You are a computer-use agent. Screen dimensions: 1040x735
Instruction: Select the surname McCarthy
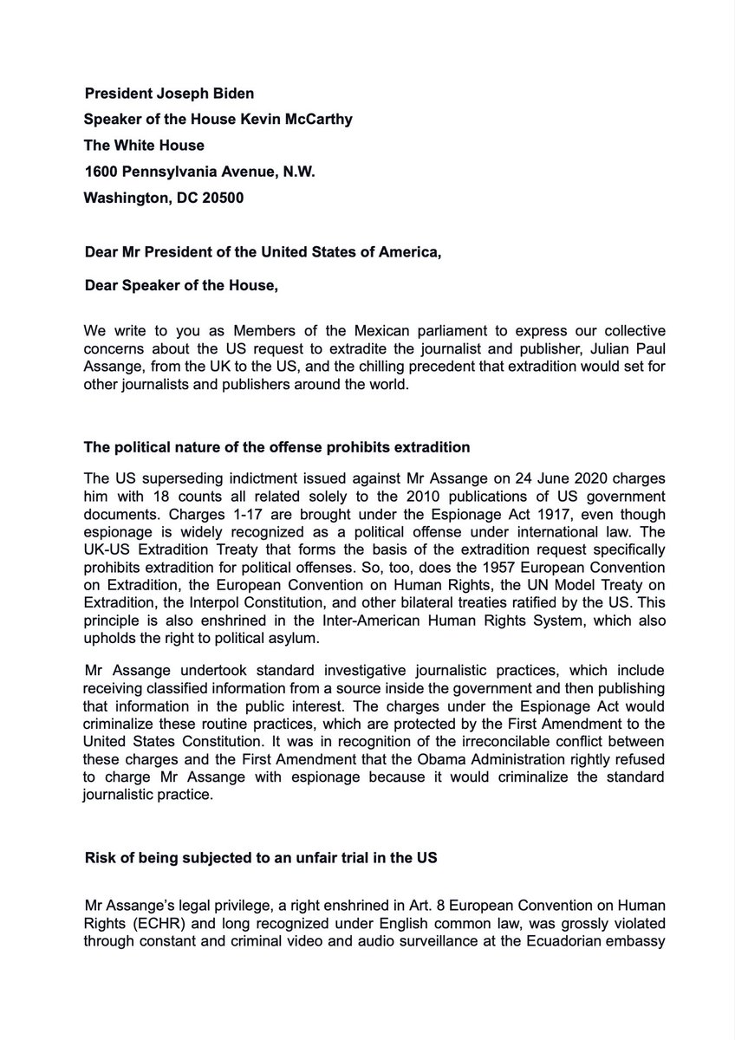[x=318, y=120]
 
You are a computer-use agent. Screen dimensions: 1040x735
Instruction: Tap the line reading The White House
[x=144, y=146]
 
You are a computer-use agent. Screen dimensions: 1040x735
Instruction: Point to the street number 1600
[x=101, y=172]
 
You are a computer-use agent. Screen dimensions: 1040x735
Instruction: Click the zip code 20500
[x=221, y=198]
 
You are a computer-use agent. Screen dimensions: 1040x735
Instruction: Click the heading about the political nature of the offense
[x=276, y=447]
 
